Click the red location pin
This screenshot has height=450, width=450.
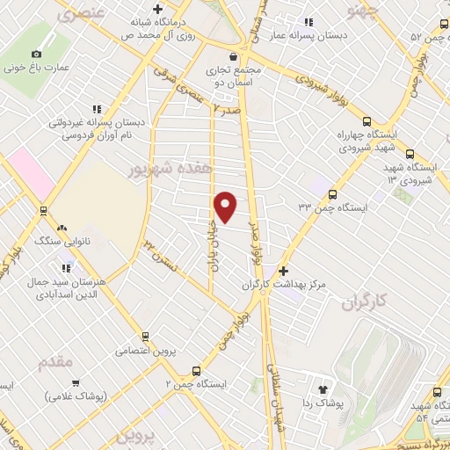(x=226, y=207)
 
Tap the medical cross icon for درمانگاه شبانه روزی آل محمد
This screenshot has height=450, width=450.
(x=156, y=10)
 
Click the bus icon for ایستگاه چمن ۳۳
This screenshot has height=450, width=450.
(x=331, y=194)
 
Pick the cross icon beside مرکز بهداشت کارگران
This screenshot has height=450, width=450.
(x=283, y=272)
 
